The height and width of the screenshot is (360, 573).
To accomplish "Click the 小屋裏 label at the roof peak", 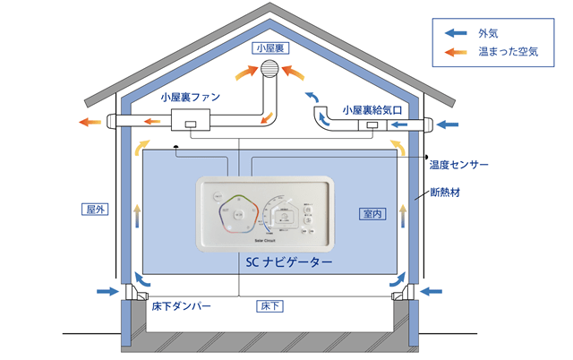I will click(269, 47).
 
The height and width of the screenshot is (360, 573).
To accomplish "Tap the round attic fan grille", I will click(269, 71).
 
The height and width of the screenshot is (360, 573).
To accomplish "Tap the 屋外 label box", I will click(95, 210).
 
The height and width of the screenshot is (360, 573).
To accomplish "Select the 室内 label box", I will click(372, 214).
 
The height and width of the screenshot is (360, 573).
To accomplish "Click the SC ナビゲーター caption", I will click(288, 262).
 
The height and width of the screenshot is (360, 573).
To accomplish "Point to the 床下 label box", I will click(271, 306).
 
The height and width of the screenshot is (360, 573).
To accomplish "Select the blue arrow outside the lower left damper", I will click(107, 291).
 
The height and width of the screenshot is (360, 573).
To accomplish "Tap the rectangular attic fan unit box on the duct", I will click(189, 122).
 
